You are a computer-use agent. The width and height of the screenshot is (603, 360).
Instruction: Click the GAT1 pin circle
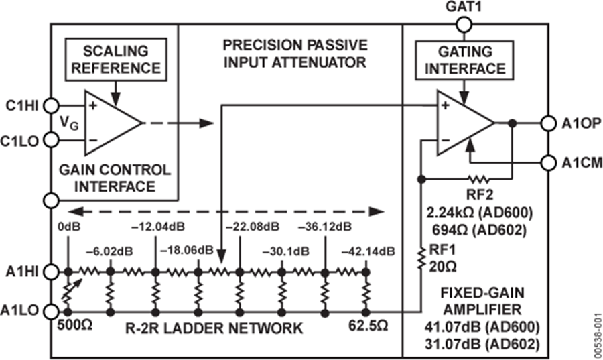[463, 25]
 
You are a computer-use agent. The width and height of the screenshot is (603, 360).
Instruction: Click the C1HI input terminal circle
[51, 105]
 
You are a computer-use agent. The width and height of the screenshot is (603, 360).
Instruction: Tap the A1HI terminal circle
[51, 272]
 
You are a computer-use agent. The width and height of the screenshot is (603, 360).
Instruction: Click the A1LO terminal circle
[51, 312]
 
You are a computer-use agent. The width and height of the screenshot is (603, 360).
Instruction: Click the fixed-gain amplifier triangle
[464, 123]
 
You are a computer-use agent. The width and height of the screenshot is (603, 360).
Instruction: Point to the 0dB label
[69, 226]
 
